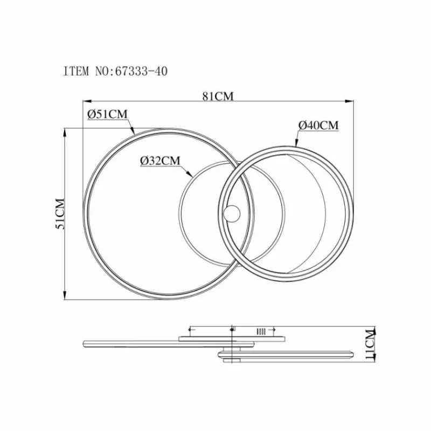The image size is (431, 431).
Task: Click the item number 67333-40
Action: click(141, 71)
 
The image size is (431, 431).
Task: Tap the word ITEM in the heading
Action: click(76, 71)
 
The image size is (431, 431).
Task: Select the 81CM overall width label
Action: click(218, 96)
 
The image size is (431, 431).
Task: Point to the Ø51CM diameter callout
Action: click(107, 114)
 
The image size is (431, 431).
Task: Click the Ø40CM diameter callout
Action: click(318, 126)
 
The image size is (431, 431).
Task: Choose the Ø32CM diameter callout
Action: click(160, 161)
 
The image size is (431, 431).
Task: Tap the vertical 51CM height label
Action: click(60, 213)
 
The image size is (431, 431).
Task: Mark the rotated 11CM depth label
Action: click(371, 344)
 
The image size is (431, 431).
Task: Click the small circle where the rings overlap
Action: click(232, 213)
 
